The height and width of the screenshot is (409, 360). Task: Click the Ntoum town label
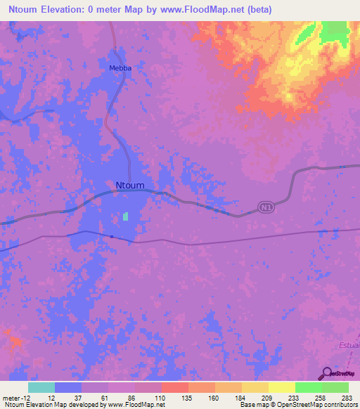click(129, 186)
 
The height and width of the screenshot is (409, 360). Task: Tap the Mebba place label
click(120, 68)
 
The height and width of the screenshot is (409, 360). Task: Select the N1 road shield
click(264, 208)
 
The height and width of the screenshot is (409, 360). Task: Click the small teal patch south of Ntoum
click(126, 216)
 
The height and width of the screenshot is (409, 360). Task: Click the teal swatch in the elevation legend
click(41, 387)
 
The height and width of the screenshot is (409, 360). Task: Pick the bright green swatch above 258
click(309, 387)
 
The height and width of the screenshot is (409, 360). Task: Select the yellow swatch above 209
click(255, 387)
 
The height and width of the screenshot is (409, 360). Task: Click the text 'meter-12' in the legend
click(15, 398)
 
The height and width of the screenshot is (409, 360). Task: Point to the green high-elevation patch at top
click(335, 31)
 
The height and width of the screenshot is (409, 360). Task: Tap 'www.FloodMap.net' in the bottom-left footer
click(134, 405)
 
